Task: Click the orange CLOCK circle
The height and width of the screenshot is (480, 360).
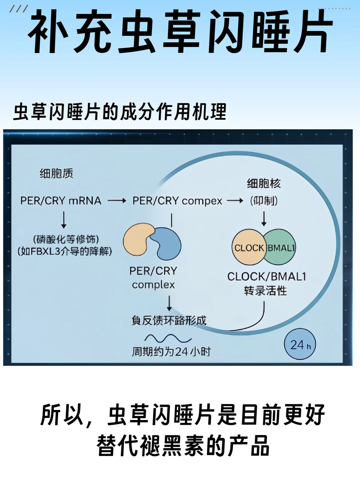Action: point(248,247)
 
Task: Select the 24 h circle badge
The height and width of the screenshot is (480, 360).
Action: point(300,345)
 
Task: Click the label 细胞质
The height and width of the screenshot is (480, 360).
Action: point(56,174)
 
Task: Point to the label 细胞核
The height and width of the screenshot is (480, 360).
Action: point(264,183)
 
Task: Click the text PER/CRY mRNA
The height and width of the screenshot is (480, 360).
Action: point(61,201)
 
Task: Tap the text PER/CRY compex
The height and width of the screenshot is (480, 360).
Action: point(177,201)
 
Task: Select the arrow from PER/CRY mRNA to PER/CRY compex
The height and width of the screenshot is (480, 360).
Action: point(117,201)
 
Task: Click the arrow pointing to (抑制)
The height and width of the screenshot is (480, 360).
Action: point(235,201)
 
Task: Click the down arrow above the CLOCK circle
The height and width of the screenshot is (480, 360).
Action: point(264,218)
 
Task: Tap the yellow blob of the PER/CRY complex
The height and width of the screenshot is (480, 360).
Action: point(137,239)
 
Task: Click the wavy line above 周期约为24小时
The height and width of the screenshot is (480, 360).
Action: point(168,338)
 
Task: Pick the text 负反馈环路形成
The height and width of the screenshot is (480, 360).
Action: point(169,321)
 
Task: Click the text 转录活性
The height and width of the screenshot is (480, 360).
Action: point(265,291)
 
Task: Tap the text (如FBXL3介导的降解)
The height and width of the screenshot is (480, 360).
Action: point(65,251)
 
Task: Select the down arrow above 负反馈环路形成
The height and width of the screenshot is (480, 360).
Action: point(169,303)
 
